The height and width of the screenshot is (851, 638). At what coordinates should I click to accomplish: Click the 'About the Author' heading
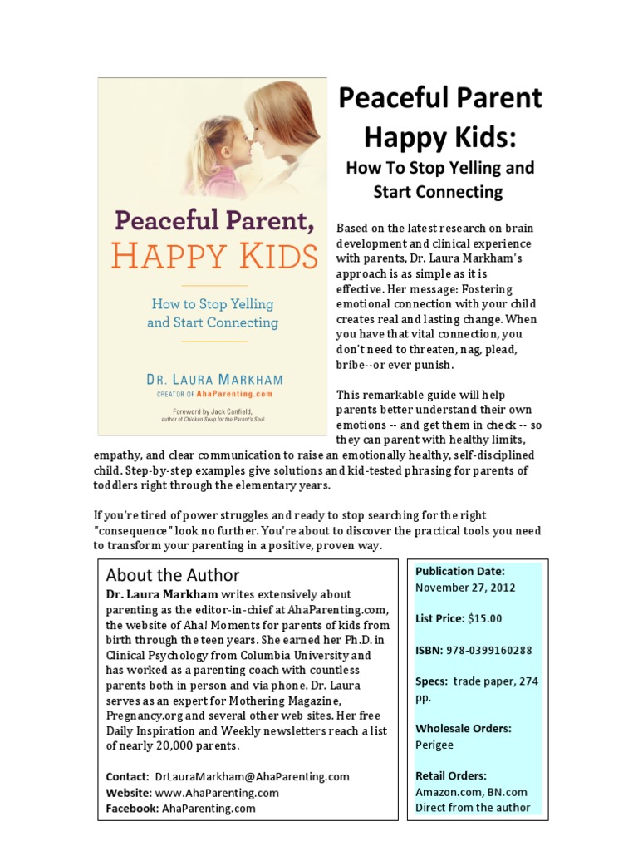point(173,575)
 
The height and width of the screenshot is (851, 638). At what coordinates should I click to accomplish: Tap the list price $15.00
point(485,618)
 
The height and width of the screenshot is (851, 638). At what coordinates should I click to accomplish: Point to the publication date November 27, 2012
point(465,588)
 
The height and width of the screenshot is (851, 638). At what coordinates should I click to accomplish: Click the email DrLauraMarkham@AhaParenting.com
point(252,776)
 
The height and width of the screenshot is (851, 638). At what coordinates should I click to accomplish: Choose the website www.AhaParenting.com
point(216,792)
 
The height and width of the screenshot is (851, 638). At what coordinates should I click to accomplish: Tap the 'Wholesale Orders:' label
point(463,729)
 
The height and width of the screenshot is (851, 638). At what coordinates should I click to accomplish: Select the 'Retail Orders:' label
point(450,776)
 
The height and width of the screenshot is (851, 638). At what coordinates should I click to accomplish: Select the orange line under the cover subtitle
point(212,341)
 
